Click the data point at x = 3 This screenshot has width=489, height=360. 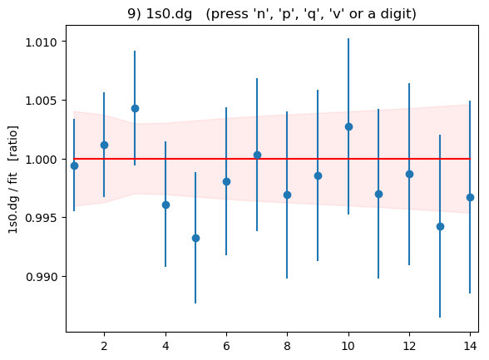[x=135, y=108]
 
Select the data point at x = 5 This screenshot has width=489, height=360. [x=195, y=239]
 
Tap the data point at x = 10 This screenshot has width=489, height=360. [x=348, y=127]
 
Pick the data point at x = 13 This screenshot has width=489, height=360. [x=440, y=227]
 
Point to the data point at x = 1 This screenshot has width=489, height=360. [x=74, y=165]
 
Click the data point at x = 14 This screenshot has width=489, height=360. [x=470, y=198]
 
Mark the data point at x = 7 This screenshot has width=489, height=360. [x=257, y=155]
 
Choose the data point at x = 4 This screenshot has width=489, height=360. [x=165, y=205]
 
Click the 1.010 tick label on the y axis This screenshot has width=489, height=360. [x=42, y=42]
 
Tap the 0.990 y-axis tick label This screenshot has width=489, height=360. [x=42, y=277]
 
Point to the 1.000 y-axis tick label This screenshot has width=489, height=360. [x=42, y=160]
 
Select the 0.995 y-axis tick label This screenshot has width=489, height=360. [x=42, y=218]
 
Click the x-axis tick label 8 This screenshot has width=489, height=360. [x=287, y=346]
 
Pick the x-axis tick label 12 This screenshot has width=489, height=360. [x=409, y=346]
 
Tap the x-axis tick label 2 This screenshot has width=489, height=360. [x=104, y=346]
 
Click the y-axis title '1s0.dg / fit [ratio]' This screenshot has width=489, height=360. [x=13, y=180]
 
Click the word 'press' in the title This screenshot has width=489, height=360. [x=230, y=14]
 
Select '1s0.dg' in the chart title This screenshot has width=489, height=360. [x=169, y=14]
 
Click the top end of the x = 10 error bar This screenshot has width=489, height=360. [x=348, y=38]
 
